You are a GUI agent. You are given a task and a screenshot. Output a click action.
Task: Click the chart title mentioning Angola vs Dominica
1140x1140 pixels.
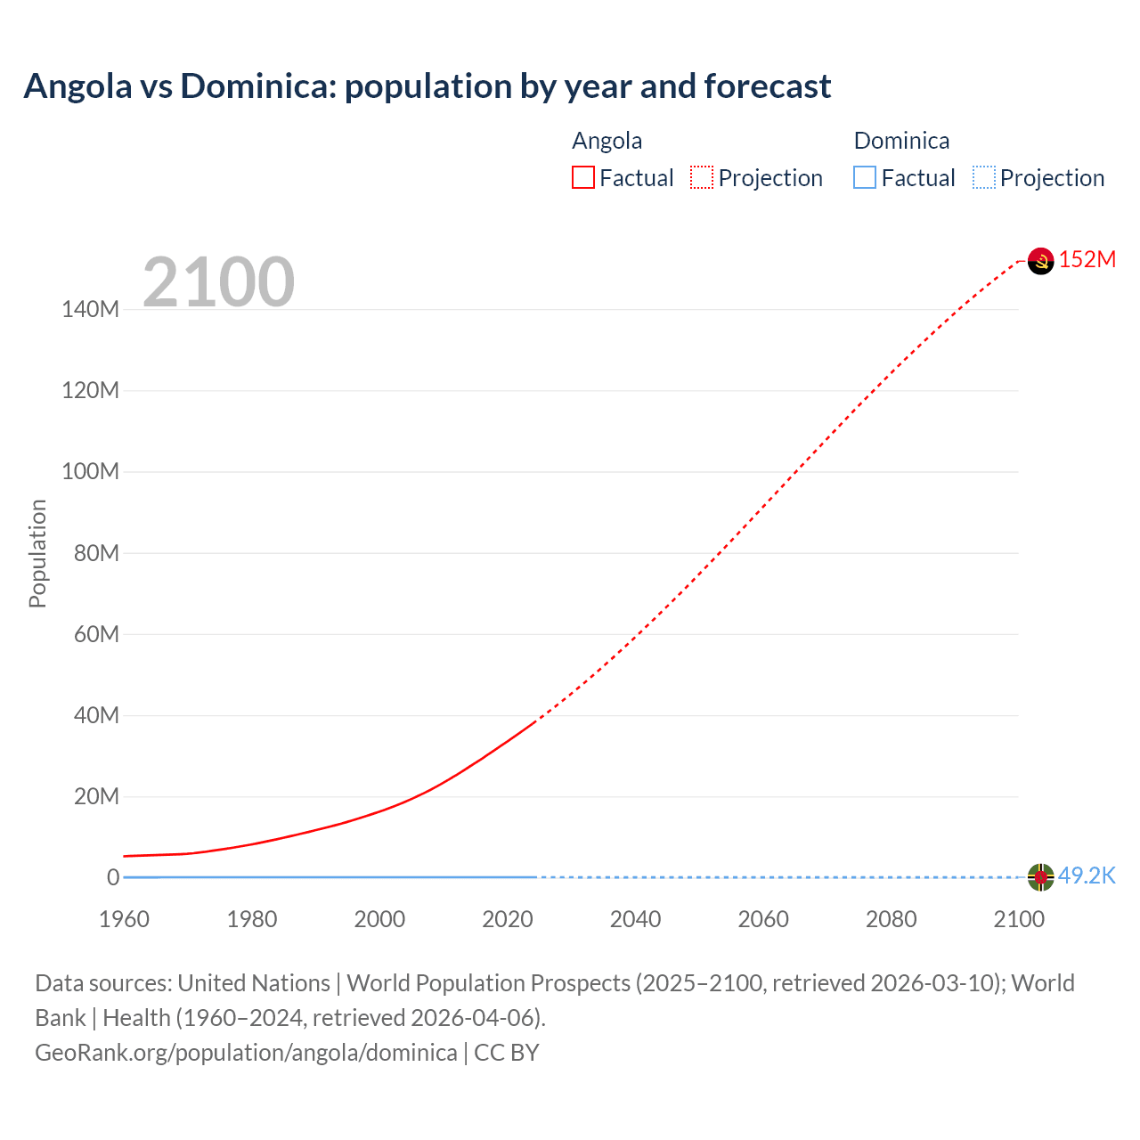coord(427,86)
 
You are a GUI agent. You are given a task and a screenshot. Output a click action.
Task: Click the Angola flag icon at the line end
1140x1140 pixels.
coord(1040,260)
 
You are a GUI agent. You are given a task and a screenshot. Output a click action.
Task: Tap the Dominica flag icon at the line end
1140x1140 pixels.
coord(1040,876)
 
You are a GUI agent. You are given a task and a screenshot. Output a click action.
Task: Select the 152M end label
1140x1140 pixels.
coord(1087,259)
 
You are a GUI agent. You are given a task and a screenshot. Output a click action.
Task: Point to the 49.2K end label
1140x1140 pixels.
coord(1087,875)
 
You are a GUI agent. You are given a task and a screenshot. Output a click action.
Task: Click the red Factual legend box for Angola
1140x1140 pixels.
coord(583,177)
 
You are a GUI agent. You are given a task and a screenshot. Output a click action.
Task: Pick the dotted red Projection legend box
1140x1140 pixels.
coord(702,177)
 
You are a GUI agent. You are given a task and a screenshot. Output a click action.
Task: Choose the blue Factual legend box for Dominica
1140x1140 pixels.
coord(865,177)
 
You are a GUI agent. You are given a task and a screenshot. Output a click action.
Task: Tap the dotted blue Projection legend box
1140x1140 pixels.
coord(984,177)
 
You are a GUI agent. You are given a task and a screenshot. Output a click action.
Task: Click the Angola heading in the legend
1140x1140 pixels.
coord(607,141)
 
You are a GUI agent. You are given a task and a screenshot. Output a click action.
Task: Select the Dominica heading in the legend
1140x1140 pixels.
coord(901,141)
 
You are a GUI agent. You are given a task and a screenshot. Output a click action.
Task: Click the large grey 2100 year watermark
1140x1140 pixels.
coord(218,281)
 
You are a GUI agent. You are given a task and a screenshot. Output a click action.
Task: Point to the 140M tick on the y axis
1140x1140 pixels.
coord(90,309)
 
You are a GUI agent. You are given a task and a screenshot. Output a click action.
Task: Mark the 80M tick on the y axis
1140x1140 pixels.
coord(95,553)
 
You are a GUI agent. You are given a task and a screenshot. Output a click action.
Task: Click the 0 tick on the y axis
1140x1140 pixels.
coord(113,877)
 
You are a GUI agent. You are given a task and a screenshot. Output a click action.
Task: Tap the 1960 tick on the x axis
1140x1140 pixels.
coord(124,919)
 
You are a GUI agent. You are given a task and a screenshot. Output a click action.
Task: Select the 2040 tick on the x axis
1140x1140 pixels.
coord(635,919)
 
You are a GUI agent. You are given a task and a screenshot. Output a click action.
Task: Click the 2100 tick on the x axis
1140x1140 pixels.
coord(1019,919)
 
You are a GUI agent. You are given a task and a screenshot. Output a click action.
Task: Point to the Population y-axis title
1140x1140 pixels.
coord(37,553)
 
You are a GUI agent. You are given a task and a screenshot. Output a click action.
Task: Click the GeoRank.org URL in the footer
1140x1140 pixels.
coord(246,1053)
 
